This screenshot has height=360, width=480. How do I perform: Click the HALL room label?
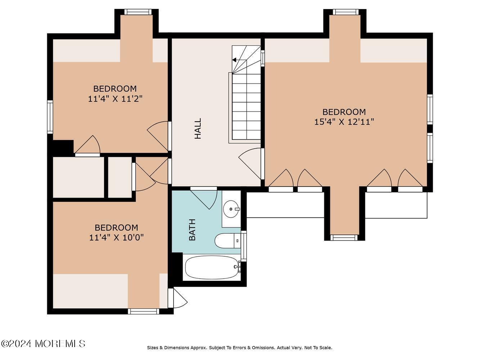(x=198, y=129)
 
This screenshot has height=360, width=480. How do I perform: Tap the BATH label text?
(x=192, y=230)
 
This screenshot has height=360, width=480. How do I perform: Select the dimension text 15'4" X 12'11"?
(x=344, y=122)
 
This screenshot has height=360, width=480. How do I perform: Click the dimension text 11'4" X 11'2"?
(x=115, y=99)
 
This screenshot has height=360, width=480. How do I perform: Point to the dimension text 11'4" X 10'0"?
(x=116, y=237)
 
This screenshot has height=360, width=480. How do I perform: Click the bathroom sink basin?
(x=232, y=209)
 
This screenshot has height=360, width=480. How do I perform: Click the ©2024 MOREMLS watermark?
(x=43, y=344)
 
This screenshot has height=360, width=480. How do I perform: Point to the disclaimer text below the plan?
(x=239, y=348)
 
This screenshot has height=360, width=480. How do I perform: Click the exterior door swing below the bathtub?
(x=178, y=298)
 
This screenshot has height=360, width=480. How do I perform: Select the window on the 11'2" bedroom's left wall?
(x=50, y=117)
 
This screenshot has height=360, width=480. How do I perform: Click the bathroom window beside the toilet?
(x=243, y=246)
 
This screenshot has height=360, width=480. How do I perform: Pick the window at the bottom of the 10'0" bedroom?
(x=143, y=311)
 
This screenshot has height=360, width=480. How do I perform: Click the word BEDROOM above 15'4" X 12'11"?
(x=344, y=112)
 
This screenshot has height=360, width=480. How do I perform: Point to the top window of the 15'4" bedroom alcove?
(x=346, y=12)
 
